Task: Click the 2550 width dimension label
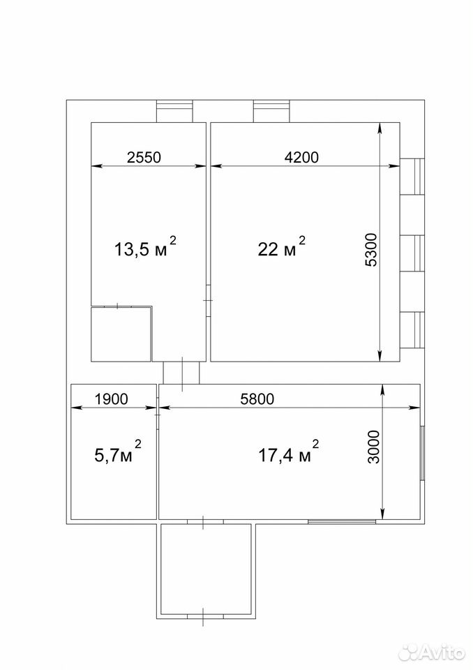pos(144,157)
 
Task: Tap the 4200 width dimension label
pos(301,157)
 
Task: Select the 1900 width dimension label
pos(111,399)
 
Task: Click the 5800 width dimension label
pos(257,399)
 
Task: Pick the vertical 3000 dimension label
pos(373,447)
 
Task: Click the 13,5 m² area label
pos(145,247)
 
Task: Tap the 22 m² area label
pos(282,247)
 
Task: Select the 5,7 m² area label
pos(117,454)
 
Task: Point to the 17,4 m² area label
pos(288,454)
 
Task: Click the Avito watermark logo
pos(429,652)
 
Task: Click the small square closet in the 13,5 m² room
pos(122,334)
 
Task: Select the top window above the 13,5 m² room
pos(174,111)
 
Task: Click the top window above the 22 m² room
pos(272,111)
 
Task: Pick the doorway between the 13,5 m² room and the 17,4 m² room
pos(181,373)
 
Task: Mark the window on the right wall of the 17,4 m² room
pos(422,453)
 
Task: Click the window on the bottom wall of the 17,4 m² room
pos(343,521)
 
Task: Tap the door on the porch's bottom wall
pos(206,616)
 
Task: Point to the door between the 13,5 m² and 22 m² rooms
pos(208,301)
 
